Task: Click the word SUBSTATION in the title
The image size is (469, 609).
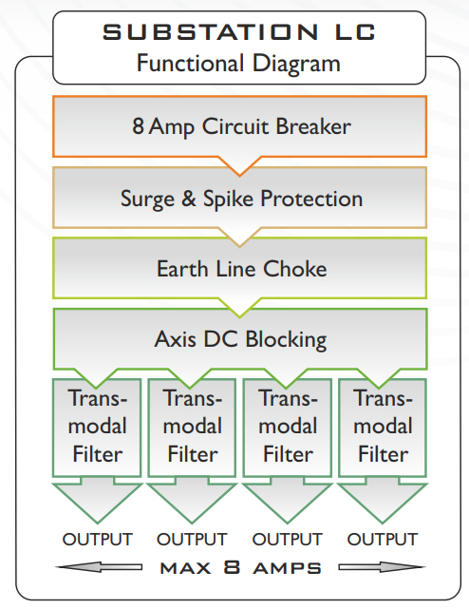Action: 210,32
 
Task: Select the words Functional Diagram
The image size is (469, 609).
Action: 238,63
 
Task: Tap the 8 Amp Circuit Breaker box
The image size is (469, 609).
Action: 240,126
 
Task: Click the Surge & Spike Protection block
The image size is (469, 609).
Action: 240,198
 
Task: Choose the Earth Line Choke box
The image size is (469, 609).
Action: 240,268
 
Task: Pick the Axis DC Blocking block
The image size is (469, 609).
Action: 240,338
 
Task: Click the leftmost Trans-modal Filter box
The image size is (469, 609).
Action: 97,428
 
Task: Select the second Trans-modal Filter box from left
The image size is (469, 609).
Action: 192,428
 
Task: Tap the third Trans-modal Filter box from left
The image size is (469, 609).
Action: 288,428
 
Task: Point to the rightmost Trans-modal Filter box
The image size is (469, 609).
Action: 383,428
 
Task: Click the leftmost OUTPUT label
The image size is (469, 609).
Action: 98,539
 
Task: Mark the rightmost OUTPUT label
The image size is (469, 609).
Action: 383,539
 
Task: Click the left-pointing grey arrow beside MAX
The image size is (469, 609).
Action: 99,567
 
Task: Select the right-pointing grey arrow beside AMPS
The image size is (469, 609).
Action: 382,567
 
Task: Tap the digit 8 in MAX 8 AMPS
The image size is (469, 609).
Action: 232,567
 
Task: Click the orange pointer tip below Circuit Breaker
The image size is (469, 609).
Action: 240,176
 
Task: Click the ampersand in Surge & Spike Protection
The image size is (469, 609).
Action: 189,198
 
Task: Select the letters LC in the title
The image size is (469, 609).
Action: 356,32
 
